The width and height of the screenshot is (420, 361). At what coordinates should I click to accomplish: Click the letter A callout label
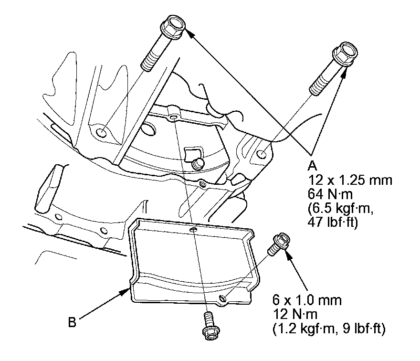pos(312,166)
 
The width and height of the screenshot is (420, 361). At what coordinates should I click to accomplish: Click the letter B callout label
pos(72,322)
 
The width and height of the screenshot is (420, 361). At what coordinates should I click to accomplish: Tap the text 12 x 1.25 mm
pos(350,180)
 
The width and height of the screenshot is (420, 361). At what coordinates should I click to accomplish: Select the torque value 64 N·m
pos(330,194)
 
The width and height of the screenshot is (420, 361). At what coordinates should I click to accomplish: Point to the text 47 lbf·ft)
pos(333,223)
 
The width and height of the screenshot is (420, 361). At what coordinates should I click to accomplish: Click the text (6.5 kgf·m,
pos(340,209)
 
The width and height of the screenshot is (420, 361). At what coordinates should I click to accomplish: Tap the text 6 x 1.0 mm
pos(307,300)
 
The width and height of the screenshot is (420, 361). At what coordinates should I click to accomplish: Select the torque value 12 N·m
pos(295,314)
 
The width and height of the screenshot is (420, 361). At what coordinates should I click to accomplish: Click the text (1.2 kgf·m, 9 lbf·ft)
pos(329,329)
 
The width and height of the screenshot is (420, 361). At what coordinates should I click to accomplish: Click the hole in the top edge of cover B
pos(193,230)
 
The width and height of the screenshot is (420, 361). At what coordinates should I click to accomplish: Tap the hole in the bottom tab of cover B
pos(222,297)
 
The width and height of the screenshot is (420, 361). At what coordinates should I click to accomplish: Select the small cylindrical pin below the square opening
pos(198,163)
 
